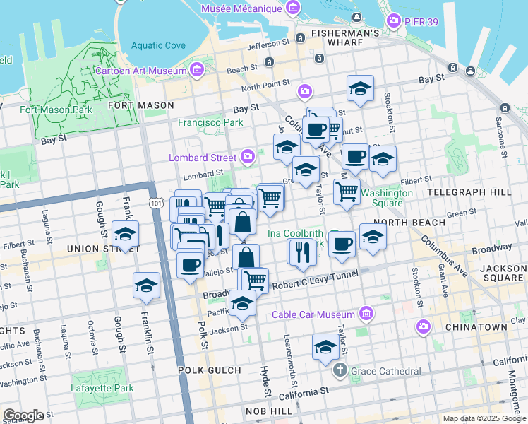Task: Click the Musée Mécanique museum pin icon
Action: pyautogui.click(x=292, y=8)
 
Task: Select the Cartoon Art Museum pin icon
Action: pyautogui.click(x=196, y=69)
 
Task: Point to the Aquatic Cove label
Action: pyautogui.click(x=157, y=45)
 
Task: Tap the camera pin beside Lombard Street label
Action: pyautogui.click(x=248, y=156)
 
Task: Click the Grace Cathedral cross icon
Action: pyautogui.click(x=340, y=370)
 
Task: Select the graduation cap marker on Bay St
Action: pyautogui.click(x=360, y=88)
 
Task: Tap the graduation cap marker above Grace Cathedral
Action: pyautogui.click(x=325, y=347)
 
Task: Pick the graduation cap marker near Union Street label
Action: pyautogui.click(x=125, y=235)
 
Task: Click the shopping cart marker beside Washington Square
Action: pyautogui.click(x=346, y=191)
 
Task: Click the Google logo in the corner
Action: pyautogui.click(x=24, y=416)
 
